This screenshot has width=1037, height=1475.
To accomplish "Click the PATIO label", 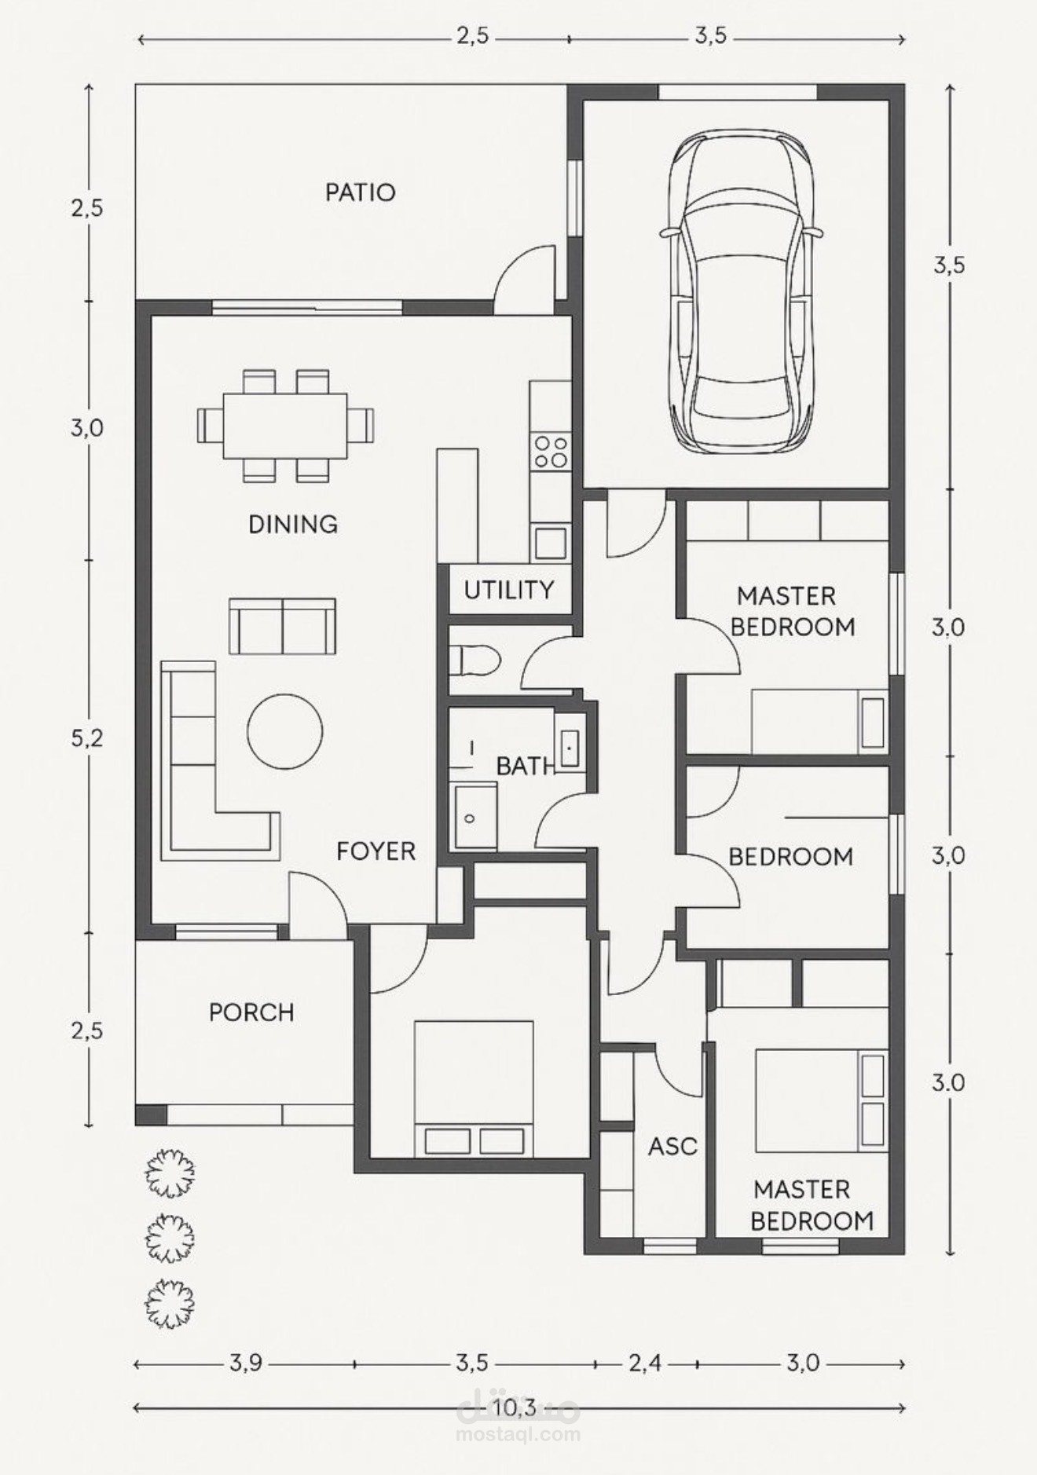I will click(x=360, y=192).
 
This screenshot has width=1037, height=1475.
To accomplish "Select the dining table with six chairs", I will click(x=285, y=426).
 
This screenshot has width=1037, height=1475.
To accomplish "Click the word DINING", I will click(x=293, y=524).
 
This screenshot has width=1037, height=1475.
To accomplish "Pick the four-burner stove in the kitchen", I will click(x=551, y=452).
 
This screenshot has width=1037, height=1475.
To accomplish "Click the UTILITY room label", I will click(x=508, y=590).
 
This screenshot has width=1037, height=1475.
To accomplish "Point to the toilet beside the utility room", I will click(x=475, y=660).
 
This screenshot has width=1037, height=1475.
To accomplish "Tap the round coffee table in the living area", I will click(x=284, y=732).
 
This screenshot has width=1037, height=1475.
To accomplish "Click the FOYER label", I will click(x=376, y=851).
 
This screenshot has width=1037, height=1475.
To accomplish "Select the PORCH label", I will click(x=251, y=1012).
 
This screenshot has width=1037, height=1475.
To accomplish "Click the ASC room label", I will click(x=672, y=1147).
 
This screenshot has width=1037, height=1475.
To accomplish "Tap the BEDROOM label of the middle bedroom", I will click(x=790, y=857).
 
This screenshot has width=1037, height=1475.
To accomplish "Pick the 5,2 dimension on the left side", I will click(x=86, y=738).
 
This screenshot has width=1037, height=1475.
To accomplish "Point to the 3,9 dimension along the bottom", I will click(x=245, y=1363).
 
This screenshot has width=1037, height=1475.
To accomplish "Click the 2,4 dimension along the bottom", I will click(x=644, y=1363).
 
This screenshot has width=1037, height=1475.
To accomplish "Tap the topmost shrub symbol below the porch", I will click(x=170, y=1173).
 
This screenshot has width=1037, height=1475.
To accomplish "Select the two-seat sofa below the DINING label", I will click(x=282, y=627).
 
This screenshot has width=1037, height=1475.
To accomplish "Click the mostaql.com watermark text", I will click(x=518, y=1434).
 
